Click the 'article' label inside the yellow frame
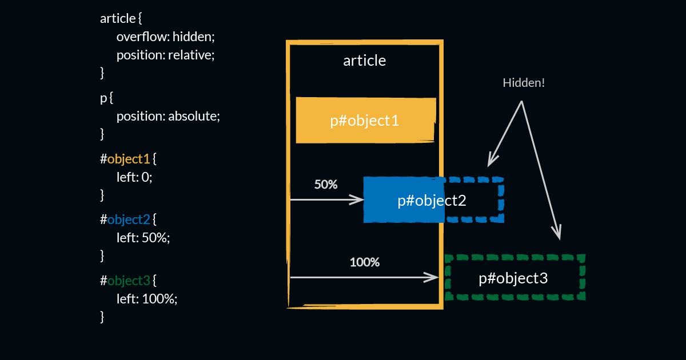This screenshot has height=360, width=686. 364,61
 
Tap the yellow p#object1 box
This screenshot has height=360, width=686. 365,121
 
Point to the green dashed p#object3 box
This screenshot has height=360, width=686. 514,278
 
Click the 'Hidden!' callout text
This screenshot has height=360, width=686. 524,83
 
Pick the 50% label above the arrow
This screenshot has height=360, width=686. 326,185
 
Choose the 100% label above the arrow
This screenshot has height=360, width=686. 365,262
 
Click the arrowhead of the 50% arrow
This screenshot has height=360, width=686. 359,199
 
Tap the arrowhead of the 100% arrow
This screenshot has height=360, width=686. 433,277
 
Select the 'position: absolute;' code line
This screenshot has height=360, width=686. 168,116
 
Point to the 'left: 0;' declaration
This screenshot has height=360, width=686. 134,177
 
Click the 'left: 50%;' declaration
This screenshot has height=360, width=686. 143,238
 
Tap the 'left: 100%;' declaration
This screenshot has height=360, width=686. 147,299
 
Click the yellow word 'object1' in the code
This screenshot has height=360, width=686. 128,159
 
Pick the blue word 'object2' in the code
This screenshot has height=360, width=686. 129,219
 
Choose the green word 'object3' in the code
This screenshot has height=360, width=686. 129,281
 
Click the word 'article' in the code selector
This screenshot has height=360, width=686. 118,18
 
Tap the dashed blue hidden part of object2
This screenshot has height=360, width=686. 474,200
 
